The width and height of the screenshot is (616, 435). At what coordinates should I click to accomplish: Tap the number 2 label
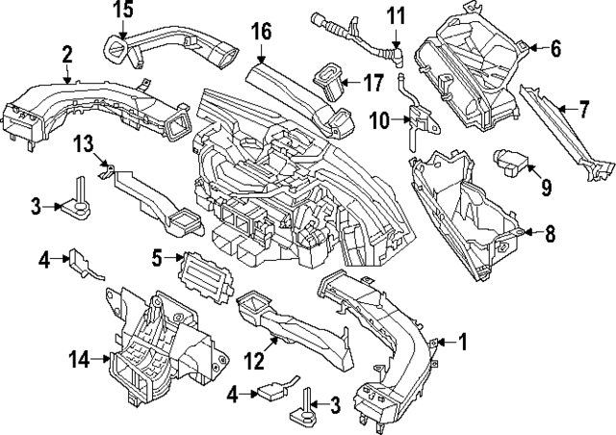pyautogui.click(x=66, y=55)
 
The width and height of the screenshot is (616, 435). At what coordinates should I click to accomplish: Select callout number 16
pyautogui.click(x=261, y=34)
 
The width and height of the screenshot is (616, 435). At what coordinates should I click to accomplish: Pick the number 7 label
pyautogui.click(x=582, y=111)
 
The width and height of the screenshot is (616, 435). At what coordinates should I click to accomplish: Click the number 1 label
pyautogui.click(x=461, y=340)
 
